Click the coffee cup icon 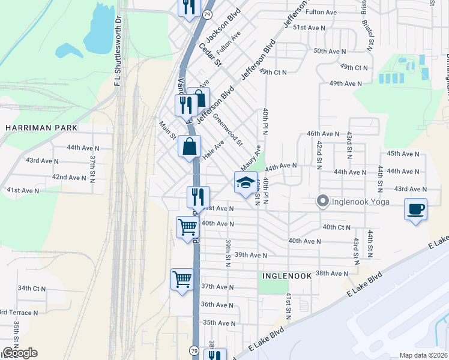click(x=415, y=209)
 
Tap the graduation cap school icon click(x=244, y=183)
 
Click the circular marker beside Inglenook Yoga click(x=323, y=202)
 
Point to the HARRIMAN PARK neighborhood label click(x=41, y=128)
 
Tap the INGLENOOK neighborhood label click(x=286, y=276)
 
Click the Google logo click(x=20, y=353)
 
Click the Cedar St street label click(x=211, y=55)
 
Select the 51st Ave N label click(x=309, y=28)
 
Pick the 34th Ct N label click(x=32, y=289)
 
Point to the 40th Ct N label click(x=336, y=227)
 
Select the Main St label click(x=166, y=130)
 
